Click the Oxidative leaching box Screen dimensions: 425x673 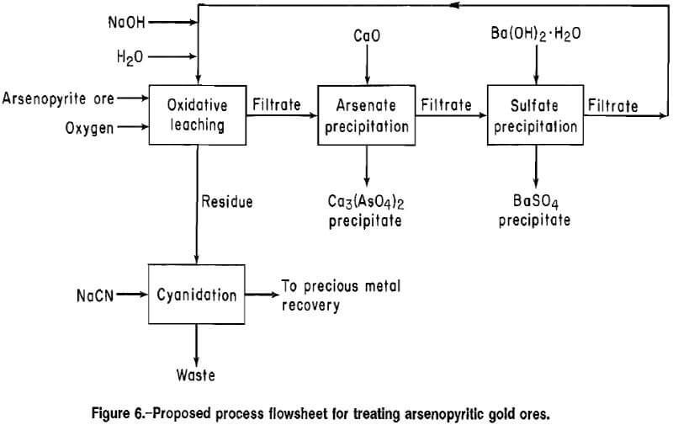point(196,115)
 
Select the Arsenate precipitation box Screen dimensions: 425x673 point(366,116)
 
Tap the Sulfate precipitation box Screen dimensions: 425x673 point(535,116)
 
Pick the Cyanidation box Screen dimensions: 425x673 point(196,295)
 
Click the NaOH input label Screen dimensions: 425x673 point(126,23)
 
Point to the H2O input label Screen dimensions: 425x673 point(130,56)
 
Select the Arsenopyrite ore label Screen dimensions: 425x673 point(58,98)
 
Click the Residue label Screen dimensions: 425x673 point(226,202)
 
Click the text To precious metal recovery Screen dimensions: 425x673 point(341,295)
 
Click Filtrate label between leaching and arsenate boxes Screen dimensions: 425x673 point(276,106)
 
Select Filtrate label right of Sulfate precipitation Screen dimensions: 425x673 point(612,106)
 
